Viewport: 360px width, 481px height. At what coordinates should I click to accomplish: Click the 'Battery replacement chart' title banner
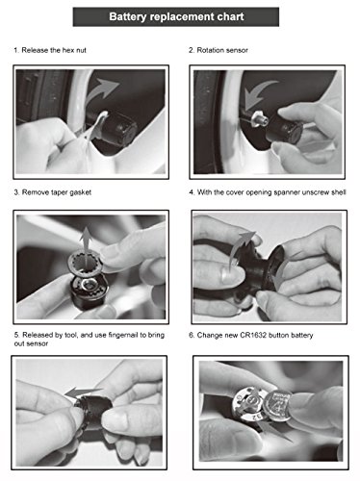[176, 16]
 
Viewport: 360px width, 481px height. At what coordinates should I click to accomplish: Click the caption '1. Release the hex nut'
[50, 50]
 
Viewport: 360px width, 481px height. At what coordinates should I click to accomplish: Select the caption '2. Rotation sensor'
[219, 50]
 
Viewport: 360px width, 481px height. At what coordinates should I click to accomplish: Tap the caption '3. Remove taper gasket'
[53, 192]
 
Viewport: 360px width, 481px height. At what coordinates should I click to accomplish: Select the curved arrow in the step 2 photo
[257, 94]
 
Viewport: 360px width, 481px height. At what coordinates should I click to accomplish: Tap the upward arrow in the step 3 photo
[86, 243]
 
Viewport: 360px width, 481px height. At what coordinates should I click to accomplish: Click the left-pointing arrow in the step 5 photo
[83, 392]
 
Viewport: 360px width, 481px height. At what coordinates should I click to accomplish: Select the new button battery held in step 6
[276, 407]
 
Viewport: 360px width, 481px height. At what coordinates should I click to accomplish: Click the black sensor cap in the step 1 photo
[118, 127]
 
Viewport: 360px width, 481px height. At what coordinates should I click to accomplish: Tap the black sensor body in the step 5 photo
[93, 412]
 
